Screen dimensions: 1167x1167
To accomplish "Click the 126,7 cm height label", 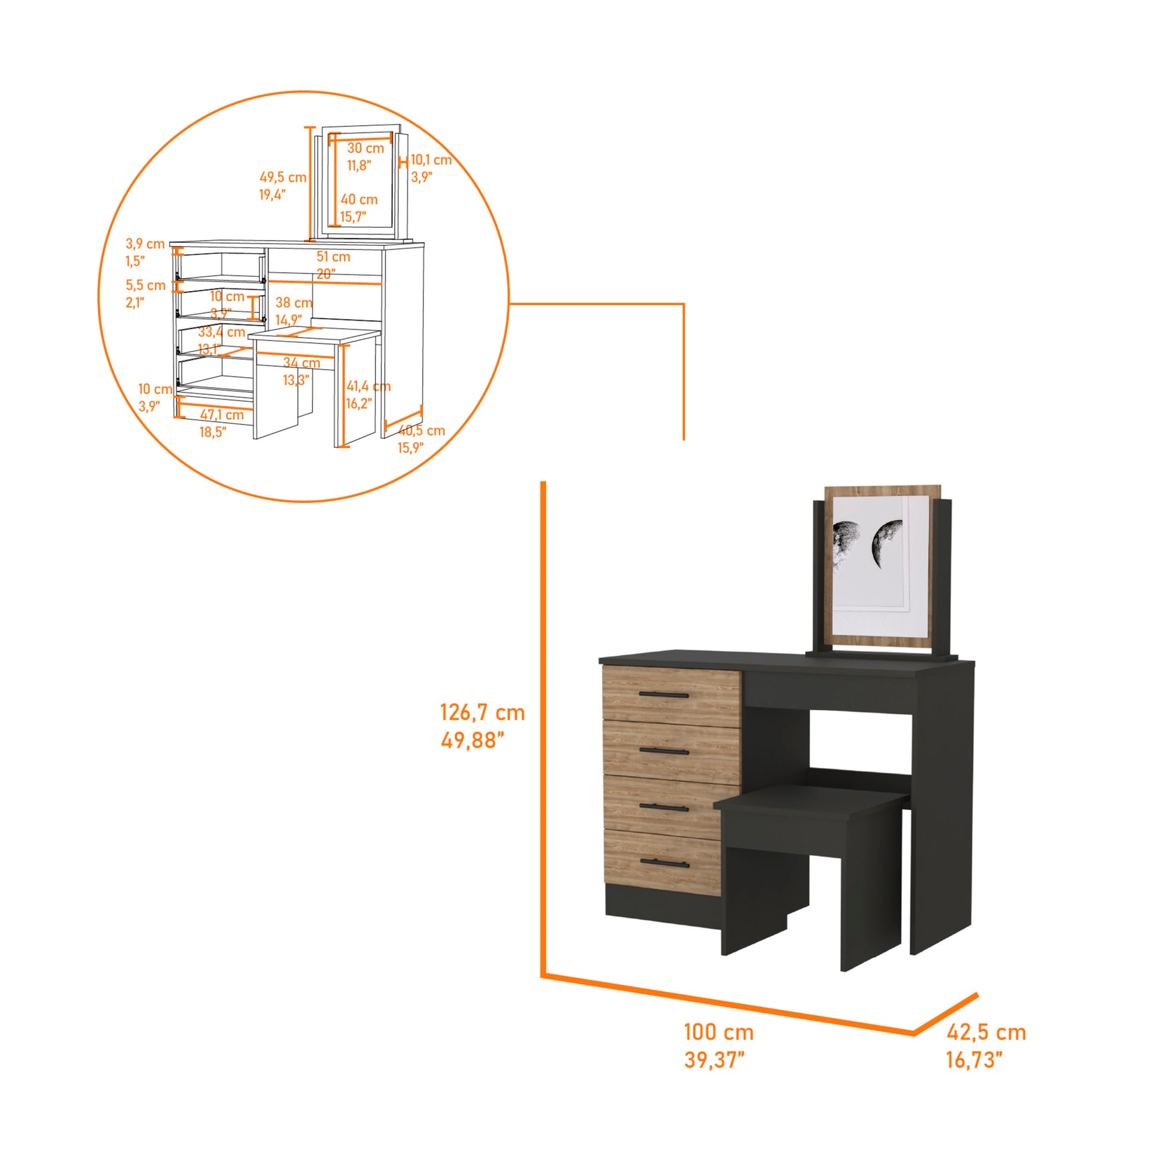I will (x=482, y=713).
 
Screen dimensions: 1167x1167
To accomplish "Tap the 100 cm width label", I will (x=718, y=1031).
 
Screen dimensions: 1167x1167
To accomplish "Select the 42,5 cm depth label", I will (x=986, y=1032).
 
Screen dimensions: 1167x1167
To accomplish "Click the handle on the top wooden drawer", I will (x=663, y=695).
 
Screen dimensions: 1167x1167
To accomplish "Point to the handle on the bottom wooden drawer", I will (x=664, y=862).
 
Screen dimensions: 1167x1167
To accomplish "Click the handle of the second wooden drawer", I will (x=664, y=751).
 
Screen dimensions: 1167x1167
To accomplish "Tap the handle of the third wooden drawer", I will (x=664, y=808).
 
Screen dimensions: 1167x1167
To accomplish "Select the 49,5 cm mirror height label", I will (x=282, y=178).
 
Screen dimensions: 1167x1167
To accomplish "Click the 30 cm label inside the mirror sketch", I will (x=365, y=148).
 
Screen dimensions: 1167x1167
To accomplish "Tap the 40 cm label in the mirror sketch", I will (x=359, y=199).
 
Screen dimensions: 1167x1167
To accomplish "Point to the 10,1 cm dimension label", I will (x=431, y=160).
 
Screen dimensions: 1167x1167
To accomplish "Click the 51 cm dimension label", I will (x=333, y=257).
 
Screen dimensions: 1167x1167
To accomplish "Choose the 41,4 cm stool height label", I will (x=368, y=386).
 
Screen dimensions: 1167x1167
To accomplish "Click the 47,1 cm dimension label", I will (x=222, y=415).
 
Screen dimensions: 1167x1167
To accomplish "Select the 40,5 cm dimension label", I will (x=422, y=431).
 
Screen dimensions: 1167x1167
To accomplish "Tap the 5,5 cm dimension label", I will (x=146, y=285).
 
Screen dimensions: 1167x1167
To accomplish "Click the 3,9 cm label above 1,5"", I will (x=145, y=244).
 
